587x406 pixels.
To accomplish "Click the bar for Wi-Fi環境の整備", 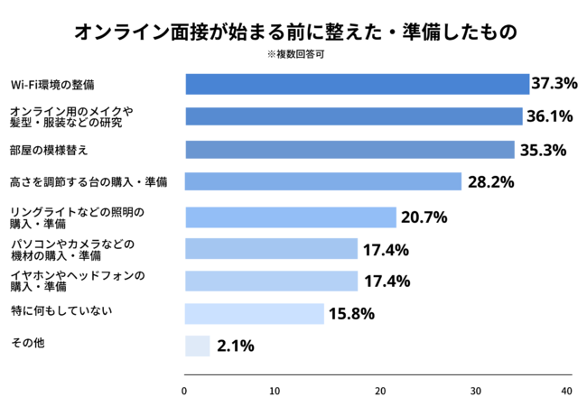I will click(x=357, y=84).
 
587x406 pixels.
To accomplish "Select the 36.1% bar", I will click(x=353, y=116).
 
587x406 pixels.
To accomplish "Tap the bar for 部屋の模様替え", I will click(x=349, y=150).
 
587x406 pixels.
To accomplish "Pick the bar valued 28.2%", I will click(x=323, y=181).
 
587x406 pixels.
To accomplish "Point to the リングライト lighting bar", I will click(x=290, y=217).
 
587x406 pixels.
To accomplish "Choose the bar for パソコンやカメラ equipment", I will click(x=271, y=249).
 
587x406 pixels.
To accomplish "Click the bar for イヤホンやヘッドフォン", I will click(x=271, y=281).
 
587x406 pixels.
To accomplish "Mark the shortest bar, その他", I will click(x=197, y=346).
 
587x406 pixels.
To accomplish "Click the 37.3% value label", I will click(x=554, y=84).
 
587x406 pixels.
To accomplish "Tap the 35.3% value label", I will click(x=543, y=150).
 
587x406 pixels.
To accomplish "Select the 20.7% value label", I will click(x=424, y=217).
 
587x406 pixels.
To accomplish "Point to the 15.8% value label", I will click(x=351, y=314).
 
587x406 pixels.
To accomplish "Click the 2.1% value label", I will click(x=236, y=346).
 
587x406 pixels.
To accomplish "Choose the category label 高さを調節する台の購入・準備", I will click(x=88, y=182).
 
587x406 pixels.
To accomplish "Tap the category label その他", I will click(x=26, y=343).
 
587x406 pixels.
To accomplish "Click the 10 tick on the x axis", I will click(x=280, y=391).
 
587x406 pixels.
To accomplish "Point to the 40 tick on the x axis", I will click(x=566, y=391).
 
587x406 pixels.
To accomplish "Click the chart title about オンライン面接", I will click(x=295, y=32).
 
